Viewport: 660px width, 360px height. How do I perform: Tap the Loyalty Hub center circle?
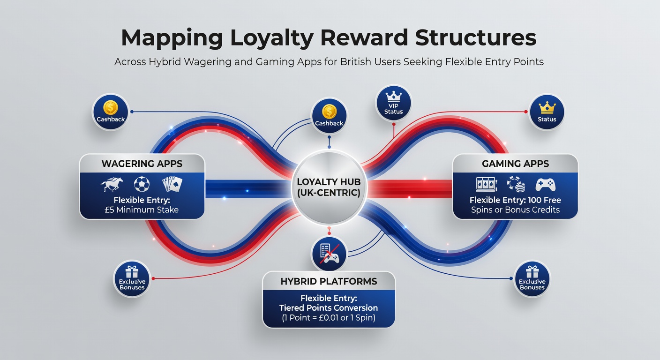click(329, 187)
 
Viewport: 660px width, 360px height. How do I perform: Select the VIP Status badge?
click(393, 103)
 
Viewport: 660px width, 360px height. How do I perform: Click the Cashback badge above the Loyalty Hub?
click(329, 116)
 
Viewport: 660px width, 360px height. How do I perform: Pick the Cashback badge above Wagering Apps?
click(111, 112)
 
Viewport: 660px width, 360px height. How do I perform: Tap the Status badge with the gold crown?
click(547, 112)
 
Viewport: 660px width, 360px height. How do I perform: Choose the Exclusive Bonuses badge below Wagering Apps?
click(132, 279)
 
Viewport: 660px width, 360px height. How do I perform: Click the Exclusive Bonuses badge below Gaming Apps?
click(532, 279)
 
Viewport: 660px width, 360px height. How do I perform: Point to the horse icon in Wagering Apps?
click(112, 184)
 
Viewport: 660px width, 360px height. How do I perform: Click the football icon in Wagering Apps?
click(142, 184)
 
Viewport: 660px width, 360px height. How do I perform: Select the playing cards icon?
click(172, 184)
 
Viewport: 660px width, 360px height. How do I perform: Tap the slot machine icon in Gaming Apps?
click(487, 184)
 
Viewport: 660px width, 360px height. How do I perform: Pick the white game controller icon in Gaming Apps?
click(545, 185)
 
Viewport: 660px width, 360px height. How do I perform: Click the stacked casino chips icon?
click(516, 184)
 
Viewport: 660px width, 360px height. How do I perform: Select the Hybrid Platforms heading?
click(329, 281)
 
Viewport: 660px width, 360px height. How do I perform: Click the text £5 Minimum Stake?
click(142, 210)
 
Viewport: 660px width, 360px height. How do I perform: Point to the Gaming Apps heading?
click(515, 164)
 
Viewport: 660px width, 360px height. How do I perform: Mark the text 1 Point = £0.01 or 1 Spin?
click(329, 318)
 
